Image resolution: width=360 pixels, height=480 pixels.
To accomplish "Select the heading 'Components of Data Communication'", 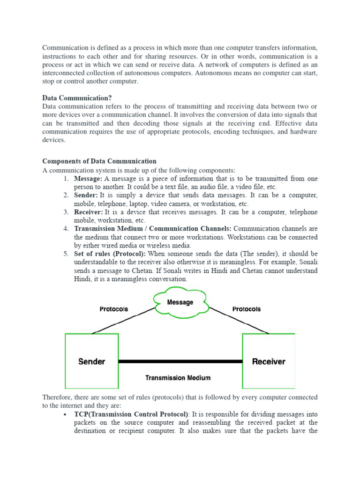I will click(99, 161).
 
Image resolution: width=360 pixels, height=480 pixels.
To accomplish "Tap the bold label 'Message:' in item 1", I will click(88, 179).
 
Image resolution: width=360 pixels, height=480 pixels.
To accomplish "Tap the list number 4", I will click(66, 229).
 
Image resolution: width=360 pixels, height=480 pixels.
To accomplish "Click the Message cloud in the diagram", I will click(180, 302).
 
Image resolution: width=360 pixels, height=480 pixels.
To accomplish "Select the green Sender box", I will click(91, 361).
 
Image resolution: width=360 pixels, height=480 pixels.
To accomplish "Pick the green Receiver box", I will click(268, 361).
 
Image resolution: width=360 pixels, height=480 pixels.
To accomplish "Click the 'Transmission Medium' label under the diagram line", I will click(178, 378).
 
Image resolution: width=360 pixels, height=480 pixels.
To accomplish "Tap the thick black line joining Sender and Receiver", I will click(180, 361).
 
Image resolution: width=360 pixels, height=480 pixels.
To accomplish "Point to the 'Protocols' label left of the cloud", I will click(113, 309).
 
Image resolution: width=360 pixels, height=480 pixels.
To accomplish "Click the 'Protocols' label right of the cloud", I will click(247, 309).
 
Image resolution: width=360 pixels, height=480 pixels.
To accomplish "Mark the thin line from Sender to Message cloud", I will click(124, 321).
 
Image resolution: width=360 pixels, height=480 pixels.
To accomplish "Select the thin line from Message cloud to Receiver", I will click(239, 321).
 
